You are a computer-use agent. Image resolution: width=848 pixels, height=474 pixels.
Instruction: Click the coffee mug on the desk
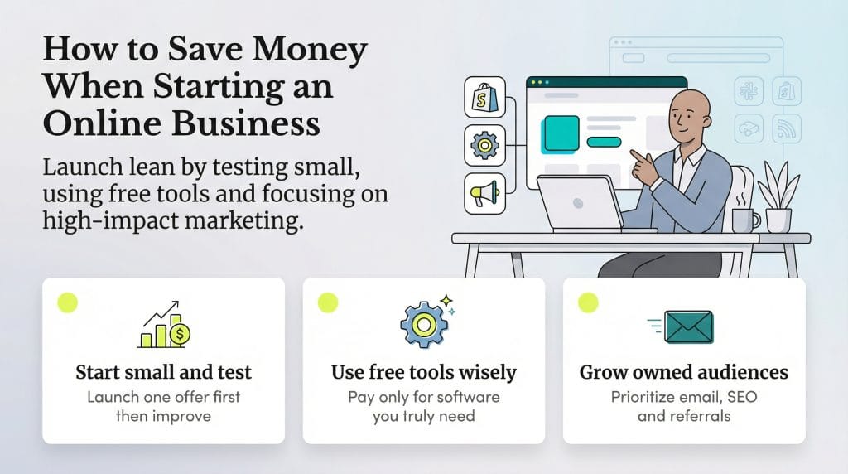[x=743, y=219]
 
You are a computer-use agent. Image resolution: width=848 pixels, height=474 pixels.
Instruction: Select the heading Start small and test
[x=163, y=372]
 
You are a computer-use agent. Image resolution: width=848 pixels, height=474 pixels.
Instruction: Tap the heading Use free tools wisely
[x=423, y=372]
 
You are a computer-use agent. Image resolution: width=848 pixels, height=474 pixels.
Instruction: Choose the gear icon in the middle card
[x=423, y=323]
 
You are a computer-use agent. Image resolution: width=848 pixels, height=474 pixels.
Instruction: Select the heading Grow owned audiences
[x=683, y=372]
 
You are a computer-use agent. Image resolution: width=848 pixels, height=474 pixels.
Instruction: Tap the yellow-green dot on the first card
[x=68, y=302]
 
